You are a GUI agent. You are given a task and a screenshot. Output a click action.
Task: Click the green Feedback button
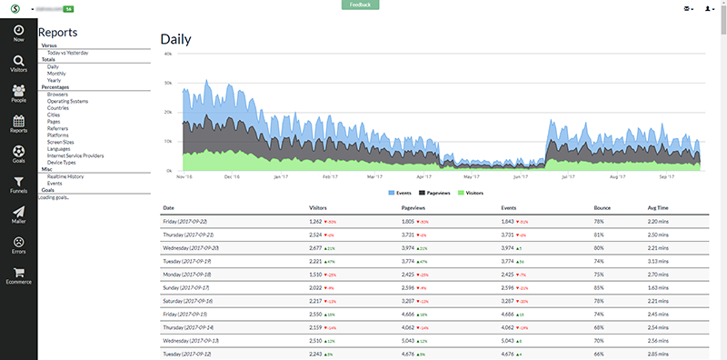[x=360, y=5]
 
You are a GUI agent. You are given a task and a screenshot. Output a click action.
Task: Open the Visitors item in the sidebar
[x=18, y=65]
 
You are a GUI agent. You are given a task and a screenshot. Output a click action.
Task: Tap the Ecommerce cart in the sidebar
[x=18, y=276]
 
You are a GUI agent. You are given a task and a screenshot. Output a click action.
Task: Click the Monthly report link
[x=56, y=73]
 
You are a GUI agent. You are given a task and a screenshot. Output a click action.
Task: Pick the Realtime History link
[x=65, y=175]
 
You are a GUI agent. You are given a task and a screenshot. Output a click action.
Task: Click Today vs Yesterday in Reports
[x=68, y=53]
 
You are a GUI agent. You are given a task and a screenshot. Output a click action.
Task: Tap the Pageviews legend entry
[x=434, y=193]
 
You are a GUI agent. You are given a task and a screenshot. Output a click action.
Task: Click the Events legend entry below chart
[x=402, y=193]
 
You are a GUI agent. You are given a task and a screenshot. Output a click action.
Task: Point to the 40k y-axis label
[x=167, y=54]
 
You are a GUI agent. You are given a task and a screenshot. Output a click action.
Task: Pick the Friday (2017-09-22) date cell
[x=186, y=221]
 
